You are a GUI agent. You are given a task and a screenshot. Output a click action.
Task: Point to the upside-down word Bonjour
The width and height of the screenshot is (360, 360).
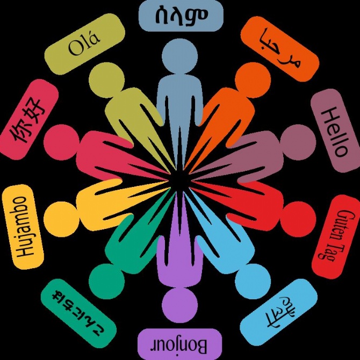click(x=179, y=346)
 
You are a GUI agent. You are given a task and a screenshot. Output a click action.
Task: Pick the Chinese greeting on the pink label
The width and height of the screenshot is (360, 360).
click(x=26, y=120)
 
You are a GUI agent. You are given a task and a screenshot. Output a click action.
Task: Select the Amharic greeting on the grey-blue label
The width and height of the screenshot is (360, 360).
click(x=182, y=16)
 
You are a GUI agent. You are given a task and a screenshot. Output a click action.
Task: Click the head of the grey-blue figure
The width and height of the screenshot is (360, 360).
click(x=180, y=56)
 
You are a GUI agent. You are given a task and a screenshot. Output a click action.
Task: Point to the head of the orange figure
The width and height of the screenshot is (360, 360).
click(x=253, y=80)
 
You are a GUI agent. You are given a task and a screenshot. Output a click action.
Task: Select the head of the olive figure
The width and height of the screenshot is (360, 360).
click(x=106, y=80)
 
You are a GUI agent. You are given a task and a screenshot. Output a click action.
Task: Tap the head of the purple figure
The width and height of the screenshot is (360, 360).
click(x=180, y=305)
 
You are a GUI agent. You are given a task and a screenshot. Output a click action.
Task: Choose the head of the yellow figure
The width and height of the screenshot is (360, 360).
click(x=61, y=219)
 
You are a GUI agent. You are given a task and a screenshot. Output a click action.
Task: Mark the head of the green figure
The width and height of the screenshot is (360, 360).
click(x=106, y=282)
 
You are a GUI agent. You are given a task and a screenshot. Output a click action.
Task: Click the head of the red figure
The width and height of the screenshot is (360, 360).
click(x=298, y=219)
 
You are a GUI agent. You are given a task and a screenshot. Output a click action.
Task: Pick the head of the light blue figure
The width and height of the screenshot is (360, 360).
click(x=253, y=282)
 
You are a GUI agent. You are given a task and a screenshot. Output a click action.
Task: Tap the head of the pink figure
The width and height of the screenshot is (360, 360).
click(x=61, y=142)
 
